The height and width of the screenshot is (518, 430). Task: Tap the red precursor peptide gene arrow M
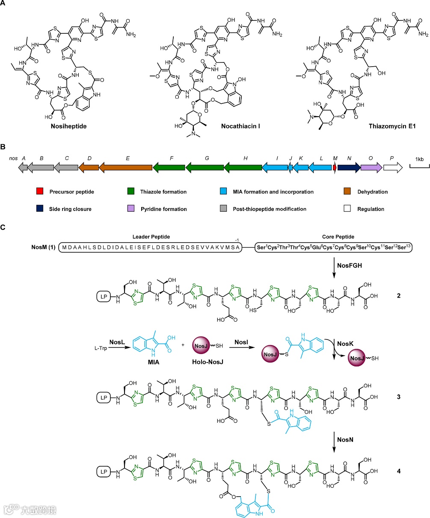point(335,169)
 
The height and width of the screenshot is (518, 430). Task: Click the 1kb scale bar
point(419,166)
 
